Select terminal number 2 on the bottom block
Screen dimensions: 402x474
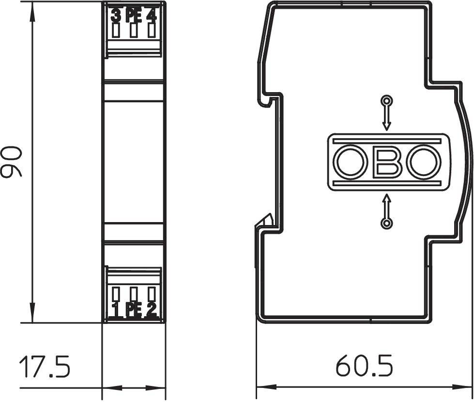tap(152, 309)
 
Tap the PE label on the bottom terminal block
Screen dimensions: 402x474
tap(133, 309)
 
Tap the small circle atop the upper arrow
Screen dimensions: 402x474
tap(386, 101)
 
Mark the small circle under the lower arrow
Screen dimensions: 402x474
tap(386, 223)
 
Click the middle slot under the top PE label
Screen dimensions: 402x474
tap(134, 31)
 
